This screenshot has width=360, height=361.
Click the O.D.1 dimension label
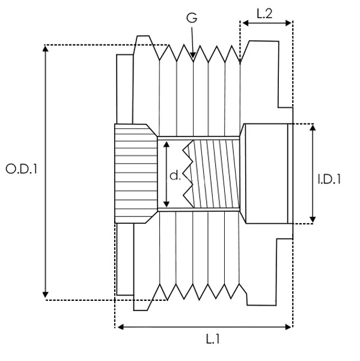click(x=21, y=169)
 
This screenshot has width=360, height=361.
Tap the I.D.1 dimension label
click(x=329, y=179)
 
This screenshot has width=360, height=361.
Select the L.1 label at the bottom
click(x=213, y=339)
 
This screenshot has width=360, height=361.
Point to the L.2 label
click(x=264, y=14)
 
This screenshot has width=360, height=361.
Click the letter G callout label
click(x=192, y=17)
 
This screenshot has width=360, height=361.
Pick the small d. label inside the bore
click(x=175, y=176)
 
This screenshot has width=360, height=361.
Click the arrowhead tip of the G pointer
click(x=193, y=58)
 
